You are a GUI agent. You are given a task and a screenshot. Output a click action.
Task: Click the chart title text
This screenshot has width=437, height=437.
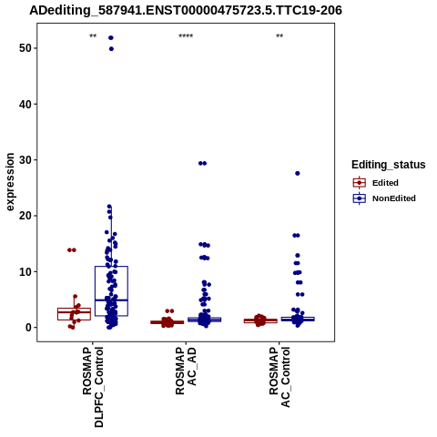pyautogui.click(x=186, y=10)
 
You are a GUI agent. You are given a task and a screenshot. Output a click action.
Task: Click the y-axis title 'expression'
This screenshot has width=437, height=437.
pyautogui.click(x=10, y=182)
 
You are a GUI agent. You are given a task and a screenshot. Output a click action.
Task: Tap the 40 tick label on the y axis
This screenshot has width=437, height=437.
pyautogui.click(x=25, y=104)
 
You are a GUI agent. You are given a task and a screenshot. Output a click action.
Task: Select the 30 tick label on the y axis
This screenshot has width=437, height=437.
pyautogui.click(x=25, y=160)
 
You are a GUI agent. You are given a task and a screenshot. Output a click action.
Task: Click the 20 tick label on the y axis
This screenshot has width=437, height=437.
pyautogui.click(x=25, y=216)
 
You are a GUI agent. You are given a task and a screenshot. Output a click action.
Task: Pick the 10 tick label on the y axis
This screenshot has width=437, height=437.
pyautogui.click(x=25, y=271)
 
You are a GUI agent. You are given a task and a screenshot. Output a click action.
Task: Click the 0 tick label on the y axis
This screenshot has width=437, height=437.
pyautogui.click(x=29, y=328)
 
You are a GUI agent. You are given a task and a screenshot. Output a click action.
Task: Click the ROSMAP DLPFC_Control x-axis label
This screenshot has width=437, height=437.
pyautogui.click(x=93, y=387)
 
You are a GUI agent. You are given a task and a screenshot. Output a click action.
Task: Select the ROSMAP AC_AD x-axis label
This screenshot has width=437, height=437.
pyautogui.click(x=186, y=371)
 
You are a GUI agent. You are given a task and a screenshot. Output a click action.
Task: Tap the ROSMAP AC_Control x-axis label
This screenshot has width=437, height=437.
pyautogui.click(x=279, y=377)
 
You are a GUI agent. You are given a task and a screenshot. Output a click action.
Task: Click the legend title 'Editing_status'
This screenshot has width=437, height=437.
pyautogui.click(x=389, y=165)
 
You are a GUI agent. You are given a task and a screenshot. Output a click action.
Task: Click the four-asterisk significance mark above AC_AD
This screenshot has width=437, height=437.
pyautogui.click(x=186, y=36)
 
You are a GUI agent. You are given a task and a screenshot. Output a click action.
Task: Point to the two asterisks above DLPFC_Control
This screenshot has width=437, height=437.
pyautogui.click(x=93, y=36)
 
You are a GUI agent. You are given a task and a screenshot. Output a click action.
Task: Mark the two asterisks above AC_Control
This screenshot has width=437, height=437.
pyautogui.click(x=279, y=36)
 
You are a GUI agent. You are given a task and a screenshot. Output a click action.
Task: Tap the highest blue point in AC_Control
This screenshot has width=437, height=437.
pyautogui.click(x=298, y=173)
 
